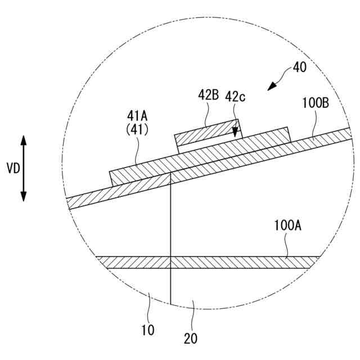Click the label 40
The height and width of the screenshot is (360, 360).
pyautogui.click(x=300, y=68)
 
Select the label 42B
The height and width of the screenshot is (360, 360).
pyautogui.click(x=208, y=95)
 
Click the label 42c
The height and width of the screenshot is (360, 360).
pyautogui.click(x=236, y=97)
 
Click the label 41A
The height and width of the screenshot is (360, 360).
pyautogui.click(x=137, y=116)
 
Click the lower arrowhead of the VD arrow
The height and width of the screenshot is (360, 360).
pyautogui.click(x=24, y=196)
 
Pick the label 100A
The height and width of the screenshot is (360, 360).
pyautogui.click(x=288, y=226)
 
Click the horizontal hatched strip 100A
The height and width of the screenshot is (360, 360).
pyautogui.click(x=225, y=262)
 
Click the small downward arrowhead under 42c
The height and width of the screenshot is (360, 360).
pyautogui.click(x=236, y=134)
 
